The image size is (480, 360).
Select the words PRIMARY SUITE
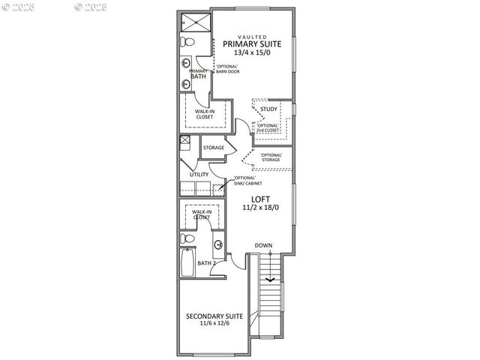tap(252, 44)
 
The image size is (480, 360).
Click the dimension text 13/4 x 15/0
tap(252, 53)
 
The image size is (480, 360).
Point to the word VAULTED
tap(252, 36)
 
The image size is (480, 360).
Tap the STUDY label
tap(268, 109)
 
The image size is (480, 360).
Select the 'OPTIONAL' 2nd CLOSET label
tap(268, 127)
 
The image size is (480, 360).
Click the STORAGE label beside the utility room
tap(213, 148)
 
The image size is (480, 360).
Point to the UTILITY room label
tap(199, 175)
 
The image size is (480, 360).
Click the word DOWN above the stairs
tap(263, 246)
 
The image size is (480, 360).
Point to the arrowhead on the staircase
tap(268, 282)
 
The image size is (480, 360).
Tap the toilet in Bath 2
tap(187, 238)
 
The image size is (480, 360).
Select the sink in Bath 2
tap(217, 244)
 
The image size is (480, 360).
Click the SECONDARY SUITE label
tap(214, 316)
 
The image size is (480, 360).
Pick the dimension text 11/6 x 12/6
tap(214, 324)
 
